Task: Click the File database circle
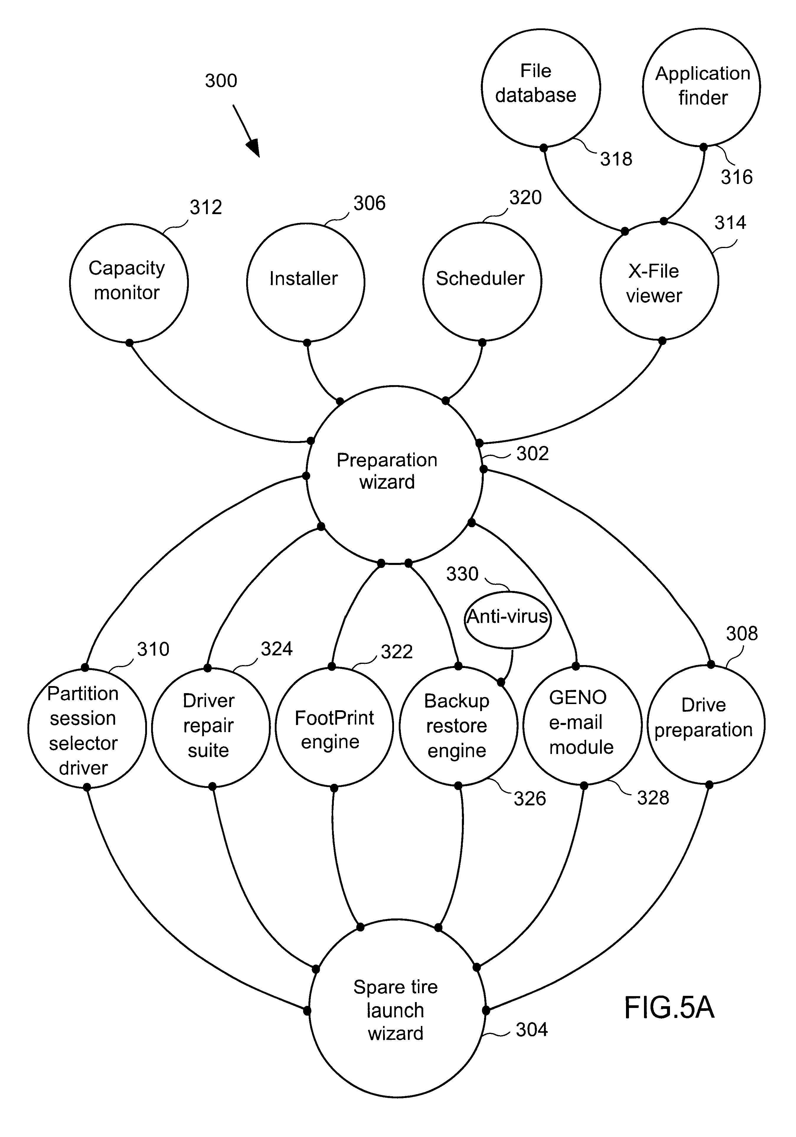[x=541, y=88]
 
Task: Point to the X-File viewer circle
[x=659, y=281]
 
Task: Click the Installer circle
[x=305, y=282]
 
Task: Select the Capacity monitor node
[x=129, y=283]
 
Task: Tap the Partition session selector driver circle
[x=87, y=728]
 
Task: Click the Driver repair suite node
[x=210, y=727]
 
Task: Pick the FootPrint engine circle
[x=334, y=726]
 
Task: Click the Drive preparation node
[x=706, y=724]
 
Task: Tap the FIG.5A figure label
[x=669, y=1007]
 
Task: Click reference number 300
[x=221, y=80]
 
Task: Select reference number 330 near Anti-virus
[x=462, y=574]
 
